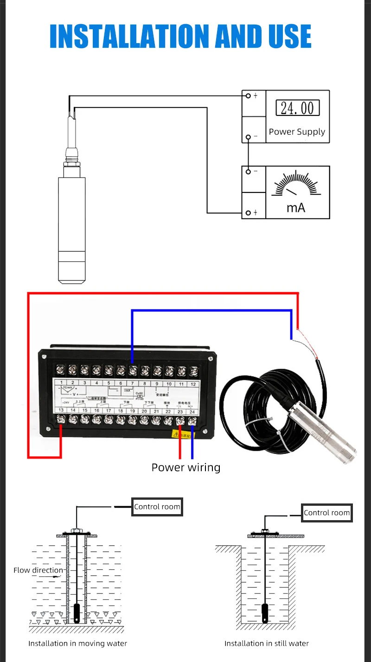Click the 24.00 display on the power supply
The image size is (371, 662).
297,108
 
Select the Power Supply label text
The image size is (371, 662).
297,132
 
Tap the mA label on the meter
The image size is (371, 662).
296,207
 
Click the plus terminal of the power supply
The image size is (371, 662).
249,95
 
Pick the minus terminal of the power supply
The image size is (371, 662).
249,137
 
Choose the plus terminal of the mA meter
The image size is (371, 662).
249,212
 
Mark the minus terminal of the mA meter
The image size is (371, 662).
249,172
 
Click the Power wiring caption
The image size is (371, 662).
186,467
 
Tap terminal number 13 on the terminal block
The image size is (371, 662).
61,411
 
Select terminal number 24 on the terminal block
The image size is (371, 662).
192,411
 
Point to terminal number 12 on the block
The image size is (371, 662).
193,384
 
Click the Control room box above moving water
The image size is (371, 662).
157,507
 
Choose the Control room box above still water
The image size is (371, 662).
326,513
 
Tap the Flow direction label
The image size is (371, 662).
38,570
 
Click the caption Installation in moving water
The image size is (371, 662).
77,643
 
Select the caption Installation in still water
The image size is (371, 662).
266,643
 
